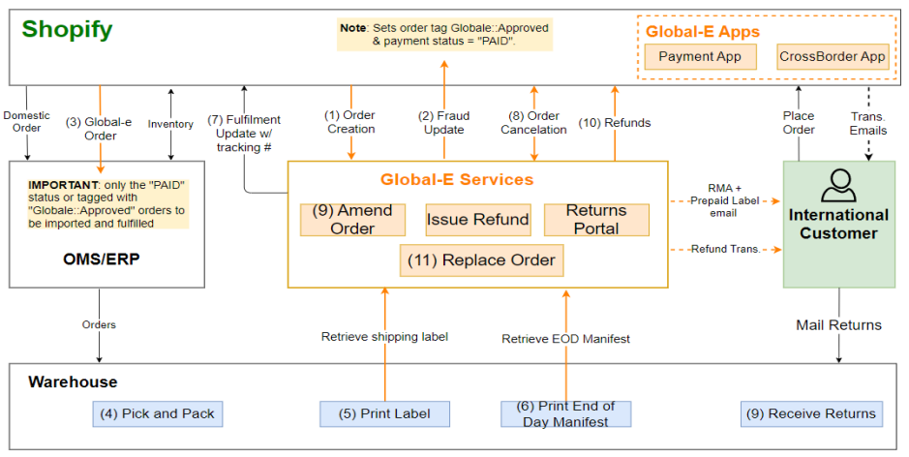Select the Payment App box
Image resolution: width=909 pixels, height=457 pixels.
coord(700,57)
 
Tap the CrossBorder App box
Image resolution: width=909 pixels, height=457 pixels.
coord(832,57)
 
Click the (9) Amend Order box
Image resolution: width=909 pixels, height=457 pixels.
coord(352,220)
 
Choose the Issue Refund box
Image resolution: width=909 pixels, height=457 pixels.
coord(478,220)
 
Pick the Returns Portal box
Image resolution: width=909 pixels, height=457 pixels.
coord(595,220)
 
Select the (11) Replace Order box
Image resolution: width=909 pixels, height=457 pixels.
coord(481,260)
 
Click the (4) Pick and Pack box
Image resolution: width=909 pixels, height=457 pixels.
coord(158,413)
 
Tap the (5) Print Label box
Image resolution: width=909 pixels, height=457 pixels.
coord(384,413)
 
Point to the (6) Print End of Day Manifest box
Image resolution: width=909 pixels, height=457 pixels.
coord(565,413)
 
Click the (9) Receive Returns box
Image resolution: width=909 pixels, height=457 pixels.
coord(812,413)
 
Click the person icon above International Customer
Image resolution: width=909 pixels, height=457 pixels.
coord(838,184)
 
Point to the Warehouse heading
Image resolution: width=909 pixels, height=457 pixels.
coord(73,382)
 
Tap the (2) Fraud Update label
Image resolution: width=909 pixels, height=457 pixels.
coord(444,123)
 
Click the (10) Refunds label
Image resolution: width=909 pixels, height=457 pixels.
coord(614,123)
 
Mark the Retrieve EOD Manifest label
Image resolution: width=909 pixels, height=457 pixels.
coord(565,338)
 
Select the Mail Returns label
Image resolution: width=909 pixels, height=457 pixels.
coord(838,325)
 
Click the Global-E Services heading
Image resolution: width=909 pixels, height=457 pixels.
coord(456,179)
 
